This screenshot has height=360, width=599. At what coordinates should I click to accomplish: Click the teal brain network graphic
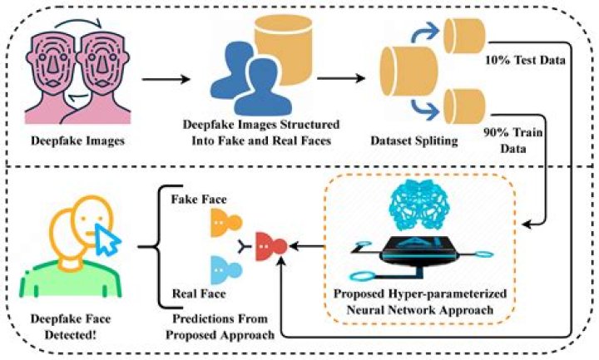point(414,201)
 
